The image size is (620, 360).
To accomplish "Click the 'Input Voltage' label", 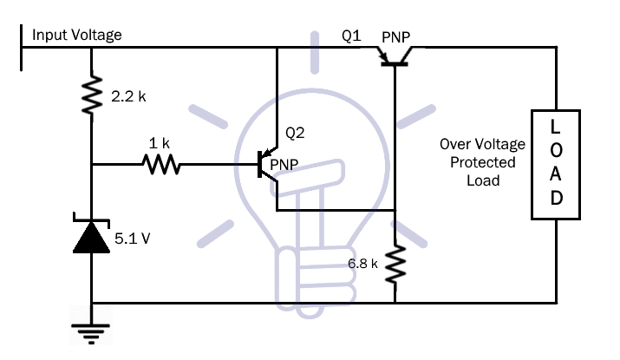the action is point(76,35).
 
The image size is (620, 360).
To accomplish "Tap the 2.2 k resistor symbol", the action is point(92,95).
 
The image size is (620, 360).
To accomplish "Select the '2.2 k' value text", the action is point(128,96).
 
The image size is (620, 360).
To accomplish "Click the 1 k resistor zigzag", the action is point(161,164).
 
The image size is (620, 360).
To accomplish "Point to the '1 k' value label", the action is point(159,143).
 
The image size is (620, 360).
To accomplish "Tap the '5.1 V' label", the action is point(133,239).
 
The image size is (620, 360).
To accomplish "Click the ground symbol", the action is point(91,333).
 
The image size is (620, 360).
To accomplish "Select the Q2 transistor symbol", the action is point(268,164).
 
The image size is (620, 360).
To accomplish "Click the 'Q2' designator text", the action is point(295,133).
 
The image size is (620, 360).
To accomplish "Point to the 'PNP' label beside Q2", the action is point(284,165).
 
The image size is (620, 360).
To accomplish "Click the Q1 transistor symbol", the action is point(395,56).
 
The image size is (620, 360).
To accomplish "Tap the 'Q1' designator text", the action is point(351,36).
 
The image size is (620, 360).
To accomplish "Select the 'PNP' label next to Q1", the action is point(395,37).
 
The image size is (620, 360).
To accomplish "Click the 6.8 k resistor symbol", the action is point(395,264).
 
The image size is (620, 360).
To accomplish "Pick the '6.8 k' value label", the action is point(362,264).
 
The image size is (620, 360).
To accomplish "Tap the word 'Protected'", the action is point(483,162).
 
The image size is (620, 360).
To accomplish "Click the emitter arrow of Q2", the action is point(270,153).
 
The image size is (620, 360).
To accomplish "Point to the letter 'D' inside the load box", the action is point(557,198).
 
